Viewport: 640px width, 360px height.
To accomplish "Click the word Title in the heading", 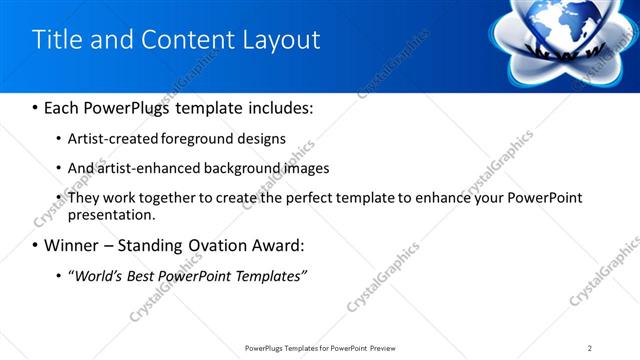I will coord(57,39).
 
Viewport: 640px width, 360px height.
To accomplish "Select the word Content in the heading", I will coord(187,39).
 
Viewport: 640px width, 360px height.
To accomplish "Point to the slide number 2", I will coord(590,347).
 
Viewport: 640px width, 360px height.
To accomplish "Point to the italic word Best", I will coord(143,275).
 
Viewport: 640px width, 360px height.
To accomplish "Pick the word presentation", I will coord(111,214).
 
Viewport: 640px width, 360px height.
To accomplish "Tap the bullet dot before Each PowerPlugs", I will coord(35,106).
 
